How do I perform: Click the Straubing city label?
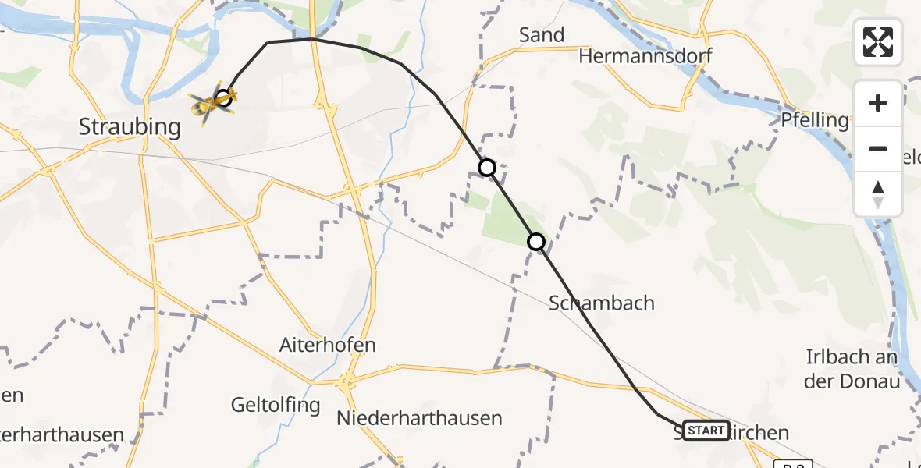pyautogui.click(x=130, y=126)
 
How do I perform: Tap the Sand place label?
pyautogui.click(x=542, y=35)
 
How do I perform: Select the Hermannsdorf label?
pyautogui.click(x=645, y=56)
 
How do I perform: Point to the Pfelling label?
pyautogui.click(x=815, y=120)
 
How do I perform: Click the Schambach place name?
pyautogui.click(x=602, y=303)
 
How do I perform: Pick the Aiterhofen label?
pyautogui.click(x=328, y=344)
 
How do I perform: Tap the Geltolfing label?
pyautogui.click(x=276, y=405)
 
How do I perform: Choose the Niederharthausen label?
pyautogui.click(x=419, y=418)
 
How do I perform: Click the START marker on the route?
pyautogui.click(x=706, y=430)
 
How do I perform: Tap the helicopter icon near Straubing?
pyautogui.click(x=208, y=105)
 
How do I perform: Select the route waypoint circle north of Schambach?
pyautogui.click(x=536, y=242)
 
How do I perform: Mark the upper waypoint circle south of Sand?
pyautogui.click(x=487, y=168)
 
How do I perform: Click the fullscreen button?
pyautogui.click(x=878, y=42)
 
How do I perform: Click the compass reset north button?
pyautogui.click(x=878, y=193)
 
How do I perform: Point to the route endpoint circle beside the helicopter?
pyautogui.click(x=223, y=97)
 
